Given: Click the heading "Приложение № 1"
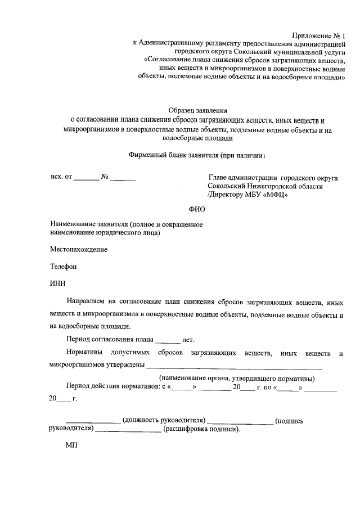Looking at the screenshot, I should (x=320, y=35).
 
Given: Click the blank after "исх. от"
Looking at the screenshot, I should (x=86, y=178).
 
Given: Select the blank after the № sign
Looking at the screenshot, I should (x=123, y=178).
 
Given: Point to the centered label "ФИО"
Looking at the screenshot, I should (x=198, y=209).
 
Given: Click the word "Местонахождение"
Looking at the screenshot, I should (x=78, y=249).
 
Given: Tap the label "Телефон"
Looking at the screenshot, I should (x=62, y=267).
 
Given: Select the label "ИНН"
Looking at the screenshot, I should (x=58, y=284).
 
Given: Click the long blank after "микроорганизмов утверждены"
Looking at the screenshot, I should (x=234, y=366).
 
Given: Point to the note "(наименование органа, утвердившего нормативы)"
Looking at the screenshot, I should (x=237, y=378).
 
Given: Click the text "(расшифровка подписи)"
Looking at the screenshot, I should (x=201, y=430).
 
